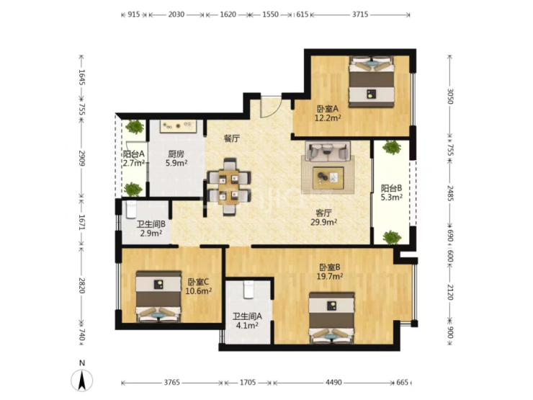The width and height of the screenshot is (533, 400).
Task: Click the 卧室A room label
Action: pos(328,109)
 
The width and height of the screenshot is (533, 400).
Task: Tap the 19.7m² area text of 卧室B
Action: pos(329,277)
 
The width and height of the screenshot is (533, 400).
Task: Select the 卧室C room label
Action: pos(198,283)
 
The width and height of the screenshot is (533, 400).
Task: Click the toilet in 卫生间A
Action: pos(248,290)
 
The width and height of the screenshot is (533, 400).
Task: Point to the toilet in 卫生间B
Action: pos(131,210)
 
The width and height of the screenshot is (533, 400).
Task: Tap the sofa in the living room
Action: pos(328,151)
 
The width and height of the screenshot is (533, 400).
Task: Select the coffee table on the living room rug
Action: pos(328,177)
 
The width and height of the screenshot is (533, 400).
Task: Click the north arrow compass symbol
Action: pos(81,381)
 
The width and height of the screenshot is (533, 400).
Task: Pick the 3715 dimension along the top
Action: pos(360,14)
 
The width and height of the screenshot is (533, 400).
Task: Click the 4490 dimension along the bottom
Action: pos(333,382)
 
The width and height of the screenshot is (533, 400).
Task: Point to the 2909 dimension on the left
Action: pos(81,159)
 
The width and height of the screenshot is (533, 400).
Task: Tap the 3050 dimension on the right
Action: pos(450,97)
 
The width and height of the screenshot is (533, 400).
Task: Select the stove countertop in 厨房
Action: pos(178,126)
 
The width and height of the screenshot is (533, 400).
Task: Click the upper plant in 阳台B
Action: pos(392,148)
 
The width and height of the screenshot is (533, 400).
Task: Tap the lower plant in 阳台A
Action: pos(133,189)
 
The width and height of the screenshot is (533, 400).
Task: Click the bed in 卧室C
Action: pos(158,296)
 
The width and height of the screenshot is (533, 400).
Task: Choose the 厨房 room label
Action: pos(176,154)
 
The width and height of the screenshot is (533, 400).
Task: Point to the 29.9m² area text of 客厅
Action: pos(323,222)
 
